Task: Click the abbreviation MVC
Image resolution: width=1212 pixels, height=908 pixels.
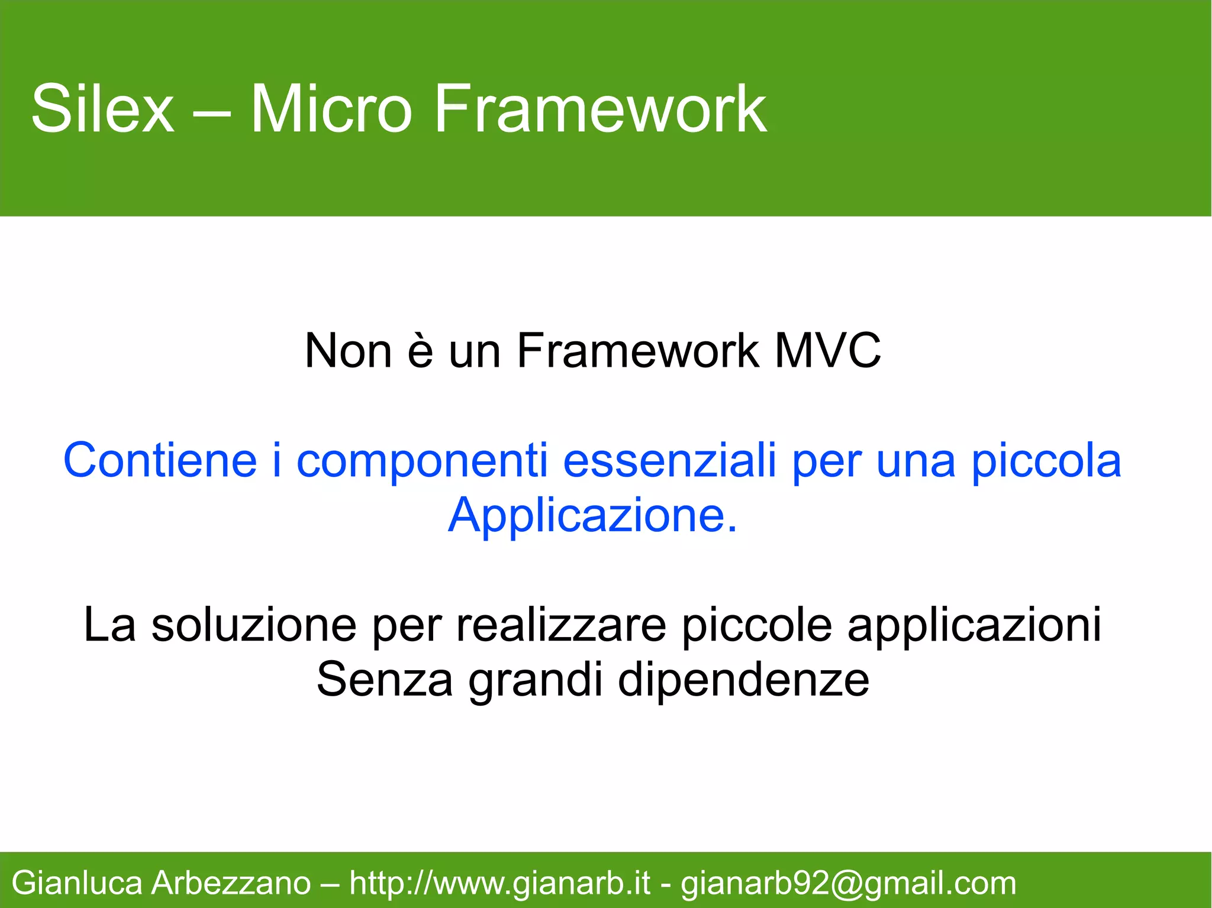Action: pyautogui.click(x=827, y=351)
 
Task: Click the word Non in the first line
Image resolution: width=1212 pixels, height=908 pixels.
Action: pyautogui.click(x=348, y=351)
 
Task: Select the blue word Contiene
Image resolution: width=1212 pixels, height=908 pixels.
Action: pyautogui.click(x=160, y=461)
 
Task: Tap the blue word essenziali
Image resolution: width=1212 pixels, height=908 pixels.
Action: pyautogui.click(x=669, y=461)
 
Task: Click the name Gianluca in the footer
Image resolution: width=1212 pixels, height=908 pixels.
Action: pyautogui.click(x=77, y=883)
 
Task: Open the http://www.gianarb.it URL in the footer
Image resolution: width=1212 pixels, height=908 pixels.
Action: pyautogui.click(x=499, y=883)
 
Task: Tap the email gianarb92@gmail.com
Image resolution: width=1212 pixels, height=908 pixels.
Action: pyautogui.click(x=848, y=883)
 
